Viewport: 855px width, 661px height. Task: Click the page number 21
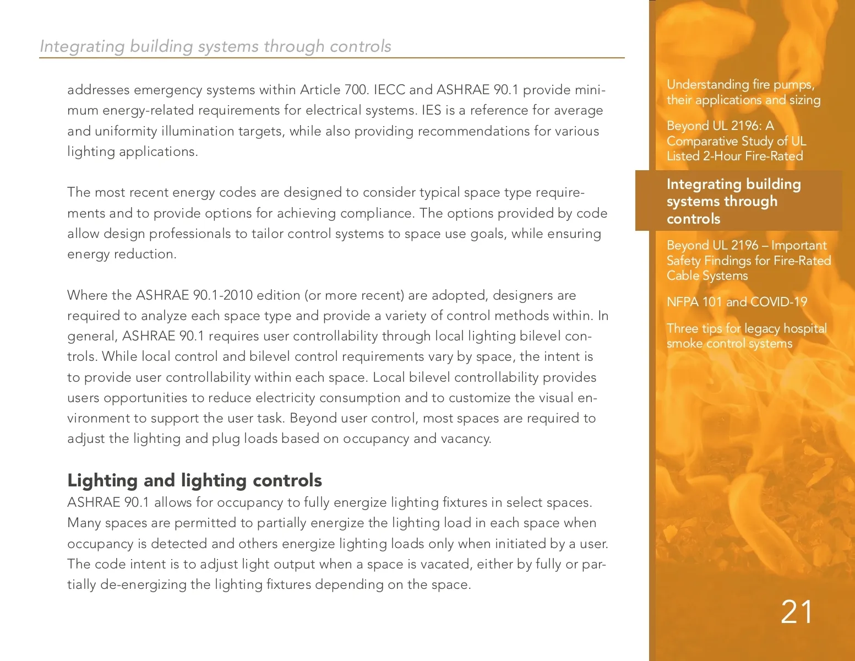[796, 612]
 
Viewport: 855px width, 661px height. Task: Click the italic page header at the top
[215, 46]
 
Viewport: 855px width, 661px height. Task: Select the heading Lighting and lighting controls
[194, 480]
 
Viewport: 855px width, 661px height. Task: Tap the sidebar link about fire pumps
[743, 92]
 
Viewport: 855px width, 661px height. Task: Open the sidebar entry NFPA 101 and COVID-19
[737, 302]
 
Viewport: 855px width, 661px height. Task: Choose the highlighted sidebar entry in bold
[733, 201]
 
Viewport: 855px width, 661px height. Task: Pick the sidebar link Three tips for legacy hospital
[747, 335]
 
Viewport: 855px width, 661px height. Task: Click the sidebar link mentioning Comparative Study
[736, 141]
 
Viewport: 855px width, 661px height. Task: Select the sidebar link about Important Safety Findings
[748, 261]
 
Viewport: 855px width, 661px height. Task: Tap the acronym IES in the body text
[432, 110]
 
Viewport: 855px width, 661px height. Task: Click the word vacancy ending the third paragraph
[466, 439]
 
